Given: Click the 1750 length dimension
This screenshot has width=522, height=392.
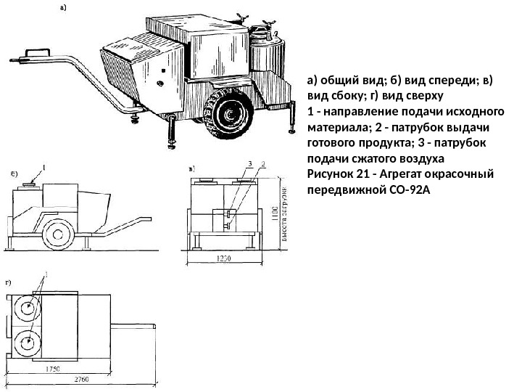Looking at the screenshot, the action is pos(52,369).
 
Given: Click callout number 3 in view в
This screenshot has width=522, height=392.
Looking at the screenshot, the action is pos(249,163).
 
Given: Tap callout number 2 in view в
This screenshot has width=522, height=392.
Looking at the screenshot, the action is pos(263,163).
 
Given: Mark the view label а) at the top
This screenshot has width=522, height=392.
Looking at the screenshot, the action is pos(62,8).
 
